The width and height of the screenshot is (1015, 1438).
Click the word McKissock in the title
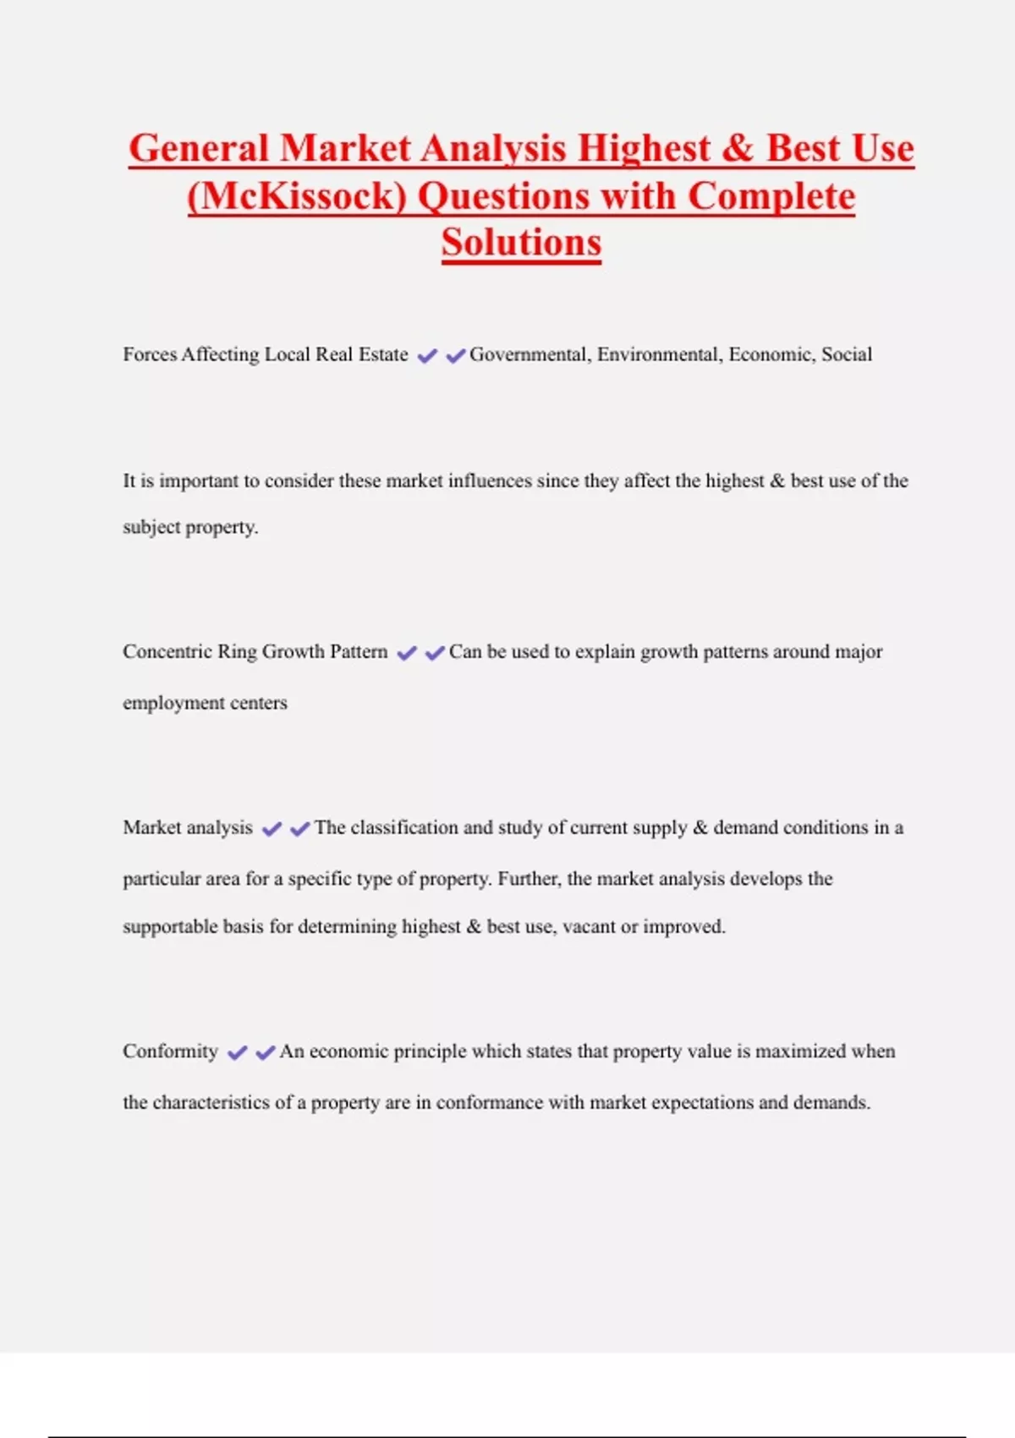pyautogui.click(x=298, y=197)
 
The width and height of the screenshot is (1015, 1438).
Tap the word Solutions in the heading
pyautogui.click(x=521, y=243)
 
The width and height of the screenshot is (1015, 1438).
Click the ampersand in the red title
pyautogui.click(x=738, y=149)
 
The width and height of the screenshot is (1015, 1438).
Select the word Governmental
pyautogui.click(x=528, y=354)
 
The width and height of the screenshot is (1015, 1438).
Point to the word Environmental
pyautogui.click(x=660, y=354)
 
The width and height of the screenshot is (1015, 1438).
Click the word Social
pyautogui.click(x=847, y=354)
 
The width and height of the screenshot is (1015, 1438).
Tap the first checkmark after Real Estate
pyautogui.click(x=427, y=356)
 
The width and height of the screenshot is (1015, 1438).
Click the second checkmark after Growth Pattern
pyautogui.click(x=435, y=653)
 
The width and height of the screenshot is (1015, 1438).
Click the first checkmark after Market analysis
pyautogui.click(x=272, y=829)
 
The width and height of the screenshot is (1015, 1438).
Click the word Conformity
pyautogui.click(x=170, y=1051)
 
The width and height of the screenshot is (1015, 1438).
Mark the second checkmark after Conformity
pyautogui.click(x=266, y=1053)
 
